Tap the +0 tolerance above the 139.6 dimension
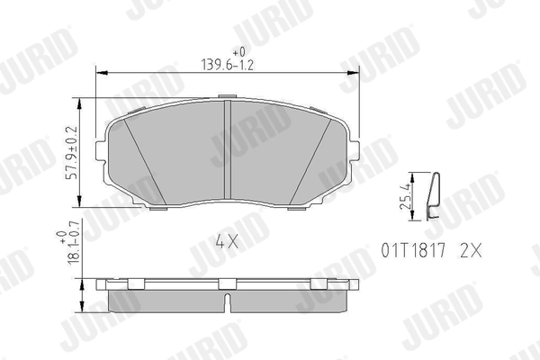pyautogui.click(x=238, y=51)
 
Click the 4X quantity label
pyautogui.click(x=226, y=240)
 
